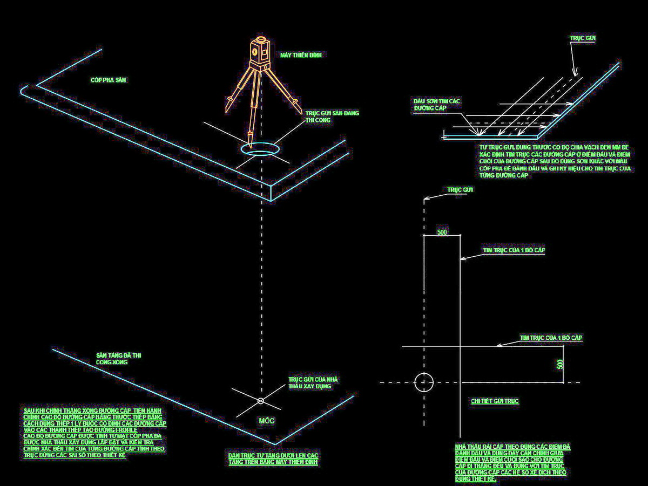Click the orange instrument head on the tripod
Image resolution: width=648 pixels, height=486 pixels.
click(260, 51)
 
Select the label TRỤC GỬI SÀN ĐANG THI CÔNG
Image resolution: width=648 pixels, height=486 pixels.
click(332, 117)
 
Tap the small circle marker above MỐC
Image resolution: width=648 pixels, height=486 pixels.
click(261, 401)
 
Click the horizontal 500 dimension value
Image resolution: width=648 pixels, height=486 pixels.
click(442, 232)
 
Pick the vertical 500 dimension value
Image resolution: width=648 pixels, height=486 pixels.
click(560, 364)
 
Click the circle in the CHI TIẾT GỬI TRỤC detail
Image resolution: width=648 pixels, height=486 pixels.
click(424, 381)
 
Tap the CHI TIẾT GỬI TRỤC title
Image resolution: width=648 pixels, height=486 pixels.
click(495, 401)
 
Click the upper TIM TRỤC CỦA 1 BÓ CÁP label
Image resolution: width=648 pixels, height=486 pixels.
click(514, 251)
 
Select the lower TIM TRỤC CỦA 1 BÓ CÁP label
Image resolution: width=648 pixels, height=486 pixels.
click(551, 338)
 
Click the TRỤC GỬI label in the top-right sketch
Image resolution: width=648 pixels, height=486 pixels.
click(583, 39)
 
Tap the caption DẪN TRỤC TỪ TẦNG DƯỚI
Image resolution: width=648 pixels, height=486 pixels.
click(273, 459)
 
